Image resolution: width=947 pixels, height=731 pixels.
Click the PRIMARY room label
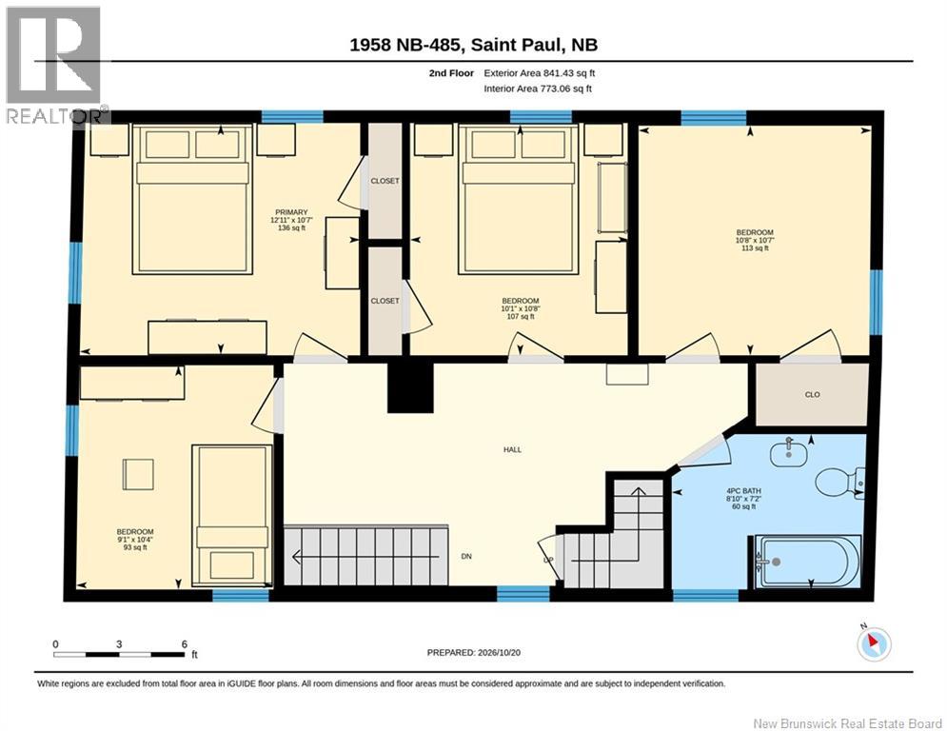point(291,212)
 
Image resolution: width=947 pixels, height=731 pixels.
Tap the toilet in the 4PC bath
point(839,482)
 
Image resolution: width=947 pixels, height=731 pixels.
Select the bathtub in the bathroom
point(806,562)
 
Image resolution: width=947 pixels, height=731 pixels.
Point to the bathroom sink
point(789,453)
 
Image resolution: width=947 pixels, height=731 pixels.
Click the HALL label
point(512,449)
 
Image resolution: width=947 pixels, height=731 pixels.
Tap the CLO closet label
point(812,394)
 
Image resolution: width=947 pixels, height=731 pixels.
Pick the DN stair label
point(466,557)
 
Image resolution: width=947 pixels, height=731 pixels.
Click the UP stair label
point(548,560)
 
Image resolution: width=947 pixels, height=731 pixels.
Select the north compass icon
point(874,643)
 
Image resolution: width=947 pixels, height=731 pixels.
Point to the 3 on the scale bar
point(119,644)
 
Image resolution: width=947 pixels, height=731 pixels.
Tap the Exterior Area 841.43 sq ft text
point(540,73)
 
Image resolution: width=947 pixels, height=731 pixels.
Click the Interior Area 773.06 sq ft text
point(538,89)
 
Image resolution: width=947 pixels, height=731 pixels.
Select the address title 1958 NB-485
point(406,45)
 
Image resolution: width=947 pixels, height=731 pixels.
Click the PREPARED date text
point(474,652)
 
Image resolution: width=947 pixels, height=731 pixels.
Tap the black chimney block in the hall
point(411,387)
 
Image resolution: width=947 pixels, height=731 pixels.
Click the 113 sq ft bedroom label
point(755,240)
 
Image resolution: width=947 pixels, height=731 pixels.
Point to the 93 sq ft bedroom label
point(135,540)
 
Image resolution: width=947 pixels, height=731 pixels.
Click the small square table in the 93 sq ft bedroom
point(138,474)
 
